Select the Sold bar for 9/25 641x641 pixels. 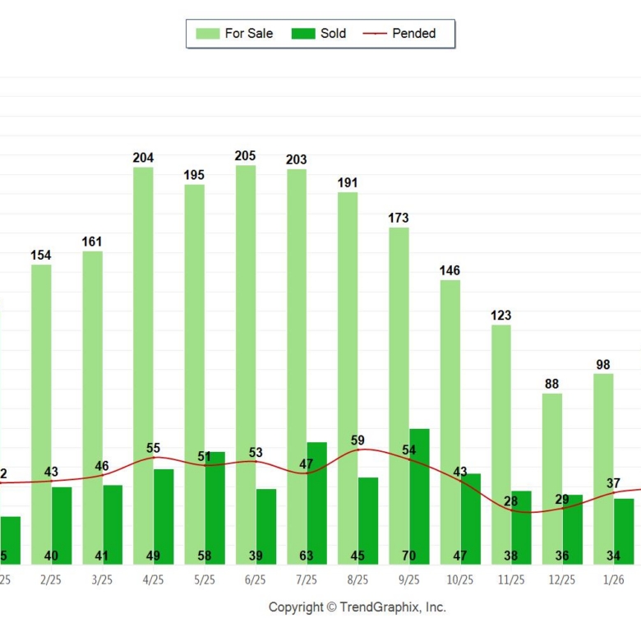click(419, 493)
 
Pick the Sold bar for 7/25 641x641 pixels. click(317, 501)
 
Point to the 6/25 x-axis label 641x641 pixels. click(256, 579)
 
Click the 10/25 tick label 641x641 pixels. click(460, 579)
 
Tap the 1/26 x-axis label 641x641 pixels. click(613, 579)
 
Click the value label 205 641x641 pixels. click(245, 156)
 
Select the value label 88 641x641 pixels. click(552, 384)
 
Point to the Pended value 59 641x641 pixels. click(357, 440)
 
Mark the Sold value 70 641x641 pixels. click(408, 556)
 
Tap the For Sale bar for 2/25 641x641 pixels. click(41, 411)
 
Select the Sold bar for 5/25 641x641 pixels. click(215, 505)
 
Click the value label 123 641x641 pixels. click(500, 316)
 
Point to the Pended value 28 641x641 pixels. click(511, 501)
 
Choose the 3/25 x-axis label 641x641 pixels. click(102, 579)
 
